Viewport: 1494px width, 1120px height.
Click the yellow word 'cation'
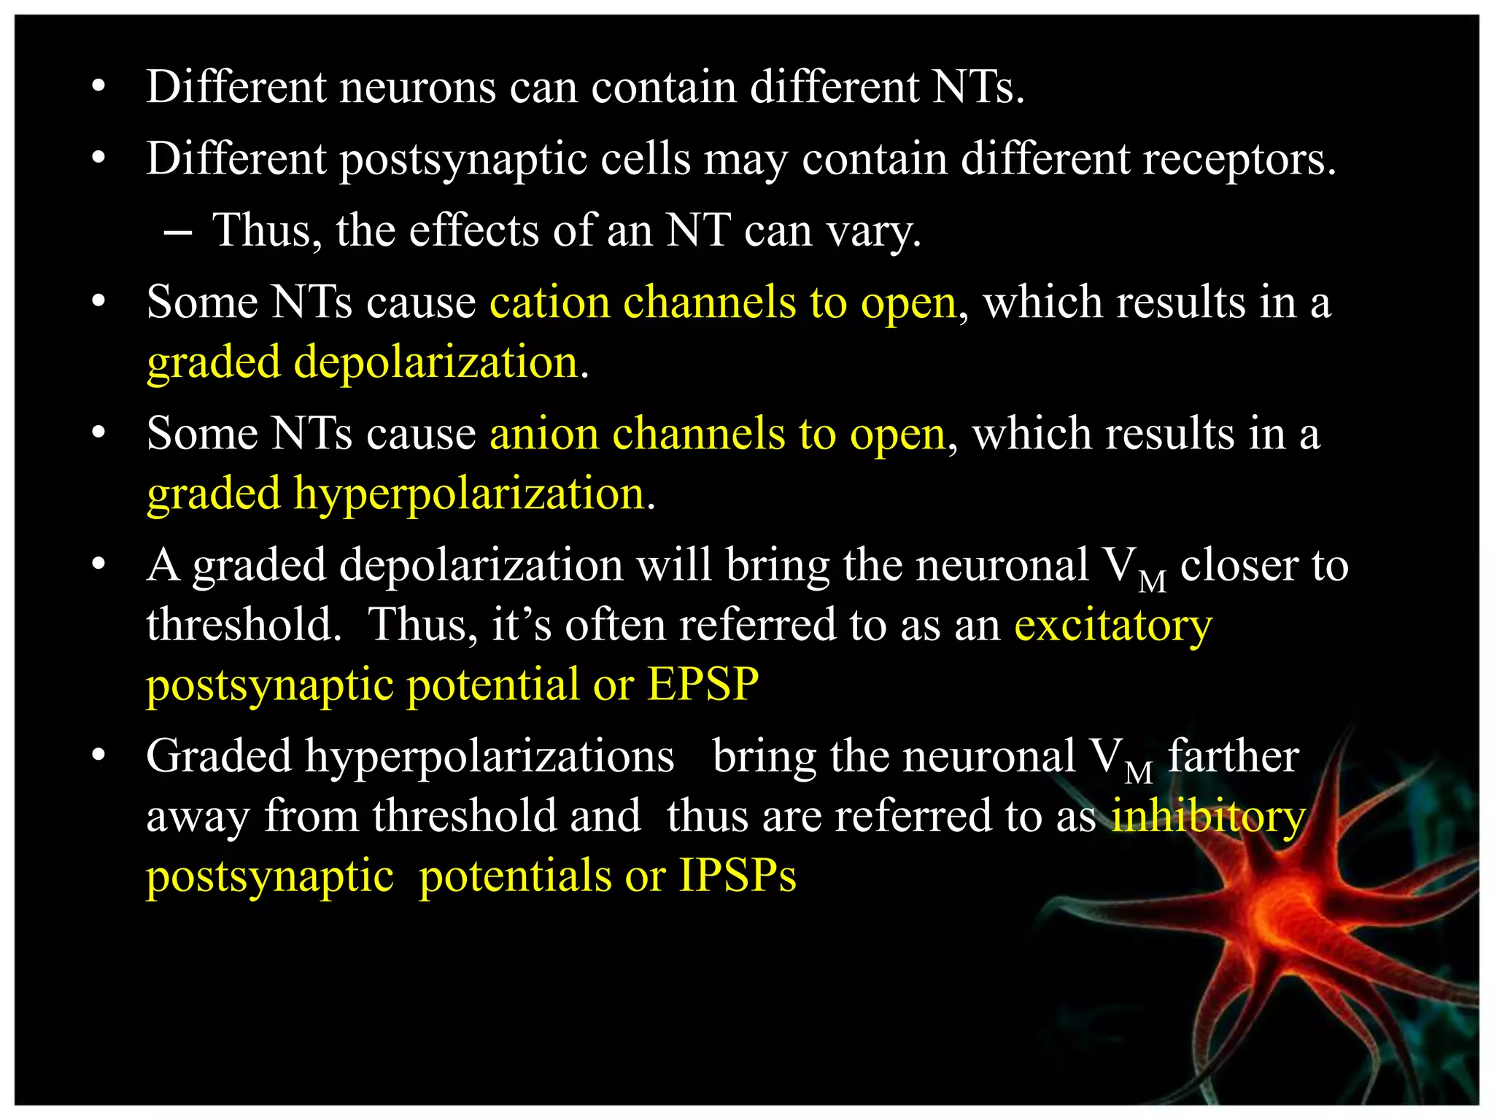click(549, 302)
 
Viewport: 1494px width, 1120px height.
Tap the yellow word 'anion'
click(543, 434)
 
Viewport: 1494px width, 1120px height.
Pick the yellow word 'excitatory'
click(1113, 626)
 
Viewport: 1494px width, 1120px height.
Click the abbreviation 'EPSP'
click(703, 684)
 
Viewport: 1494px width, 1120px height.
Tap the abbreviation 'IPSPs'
click(738, 875)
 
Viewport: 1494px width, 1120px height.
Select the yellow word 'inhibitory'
click(1208, 816)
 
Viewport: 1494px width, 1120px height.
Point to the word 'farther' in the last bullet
click(1234, 756)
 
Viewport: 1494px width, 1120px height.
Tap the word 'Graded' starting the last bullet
click(219, 756)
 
